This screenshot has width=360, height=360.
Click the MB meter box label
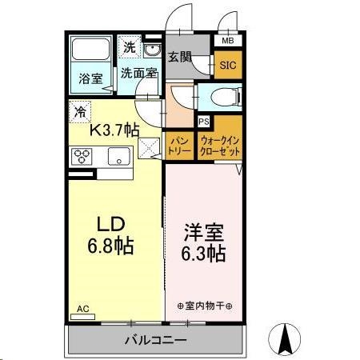pyautogui.click(x=228, y=41)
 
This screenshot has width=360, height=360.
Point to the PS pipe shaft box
pyautogui.click(x=203, y=122)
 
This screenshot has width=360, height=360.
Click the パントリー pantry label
pyautogui.click(x=178, y=146)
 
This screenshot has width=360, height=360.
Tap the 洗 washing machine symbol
pyautogui.click(x=130, y=47)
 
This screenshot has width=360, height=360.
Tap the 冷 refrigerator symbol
pyautogui.click(x=80, y=112)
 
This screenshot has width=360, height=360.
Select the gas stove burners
pyautogui.click(x=82, y=156)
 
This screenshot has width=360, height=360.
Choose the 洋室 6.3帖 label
pyautogui.click(x=203, y=242)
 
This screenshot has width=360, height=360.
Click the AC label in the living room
pyautogui.click(x=82, y=307)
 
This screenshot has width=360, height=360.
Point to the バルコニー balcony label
pyautogui.click(x=155, y=340)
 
